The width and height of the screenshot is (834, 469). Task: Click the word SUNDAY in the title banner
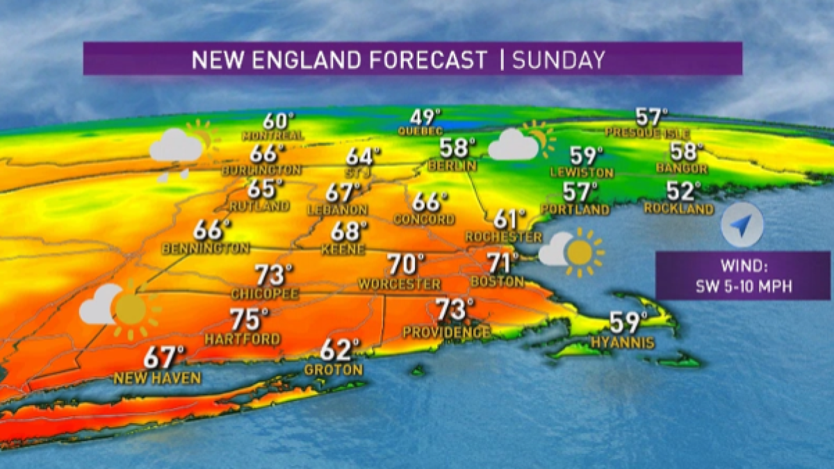click(559, 60)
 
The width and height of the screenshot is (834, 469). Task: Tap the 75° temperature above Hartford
click(250, 320)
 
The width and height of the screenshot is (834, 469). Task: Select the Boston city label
click(497, 281)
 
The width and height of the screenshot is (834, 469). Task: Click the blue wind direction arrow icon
click(742, 225)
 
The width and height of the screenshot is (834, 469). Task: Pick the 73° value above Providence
click(455, 307)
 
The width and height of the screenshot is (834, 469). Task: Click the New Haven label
click(158, 378)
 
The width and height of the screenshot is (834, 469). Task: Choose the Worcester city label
click(399, 284)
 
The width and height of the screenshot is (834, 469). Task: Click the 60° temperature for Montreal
click(274, 122)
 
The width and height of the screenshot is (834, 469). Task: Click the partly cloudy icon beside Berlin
click(519, 142)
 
